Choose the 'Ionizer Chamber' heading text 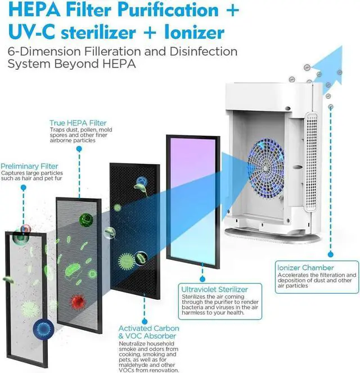pos(305,267)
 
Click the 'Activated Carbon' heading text pos(148,329)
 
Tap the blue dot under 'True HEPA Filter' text pos(79,149)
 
